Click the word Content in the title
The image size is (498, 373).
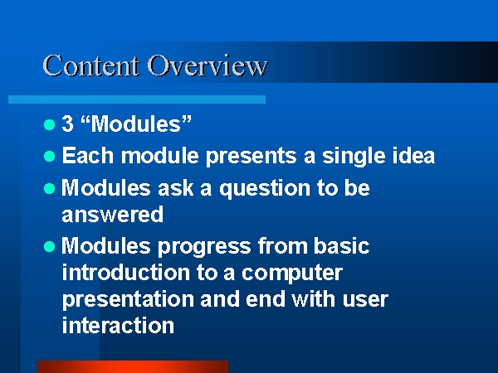(x=90, y=65)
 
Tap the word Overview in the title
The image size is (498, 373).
(x=207, y=65)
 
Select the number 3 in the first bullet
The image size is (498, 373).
(x=68, y=123)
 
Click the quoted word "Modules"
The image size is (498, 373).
(x=137, y=123)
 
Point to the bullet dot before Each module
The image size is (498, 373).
(x=49, y=157)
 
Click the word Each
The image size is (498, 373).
(x=88, y=156)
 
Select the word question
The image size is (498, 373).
(x=265, y=189)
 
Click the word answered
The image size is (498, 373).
(x=112, y=214)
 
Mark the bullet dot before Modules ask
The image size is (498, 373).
(x=49, y=188)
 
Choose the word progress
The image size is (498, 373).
(x=204, y=247)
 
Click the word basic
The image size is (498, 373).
(x=341, y=245)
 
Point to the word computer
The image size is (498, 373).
(x=292, y=274)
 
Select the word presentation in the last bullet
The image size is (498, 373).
(x=128, y=300)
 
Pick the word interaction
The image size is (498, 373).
(x=118, y=325)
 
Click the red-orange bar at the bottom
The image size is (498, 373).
(x=133, y=366)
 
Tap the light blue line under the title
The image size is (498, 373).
(x=137, y=99)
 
